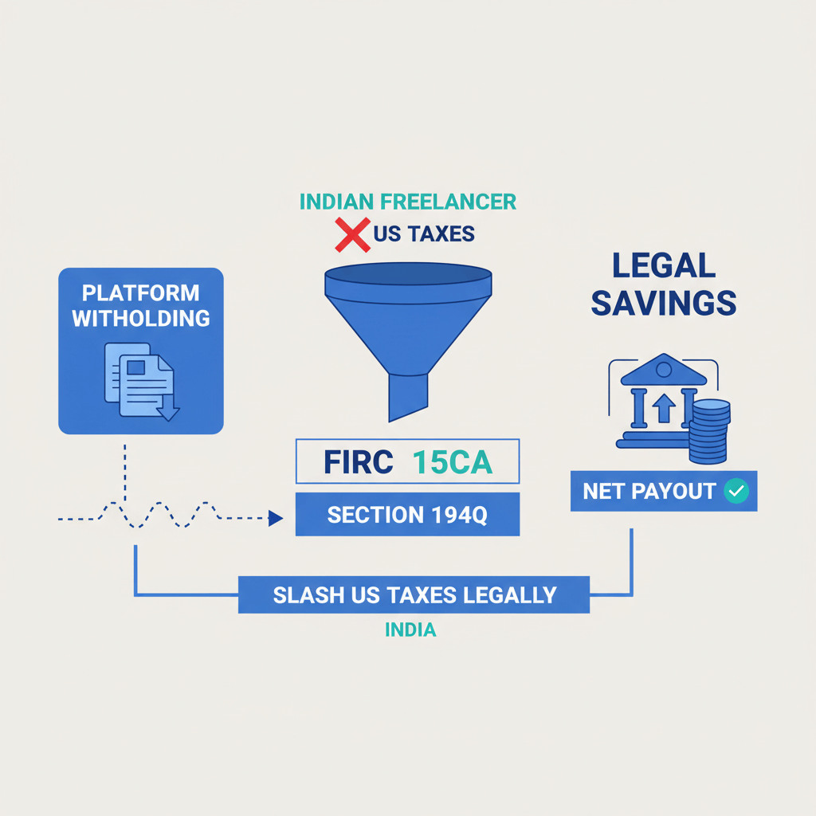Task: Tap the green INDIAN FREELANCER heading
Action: tap(407, 202)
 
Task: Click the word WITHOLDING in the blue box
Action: tap(141, 319)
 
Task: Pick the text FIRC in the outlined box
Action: tap(358, 463)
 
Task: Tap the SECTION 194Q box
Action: tap(407, 514)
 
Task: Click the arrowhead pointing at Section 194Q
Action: tap(276, 519)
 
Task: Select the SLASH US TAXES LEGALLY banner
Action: tap(414, 594)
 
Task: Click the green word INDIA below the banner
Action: tap(410, 630)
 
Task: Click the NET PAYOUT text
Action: tap(649, 492)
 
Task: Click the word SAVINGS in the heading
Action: tap(664, 303)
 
